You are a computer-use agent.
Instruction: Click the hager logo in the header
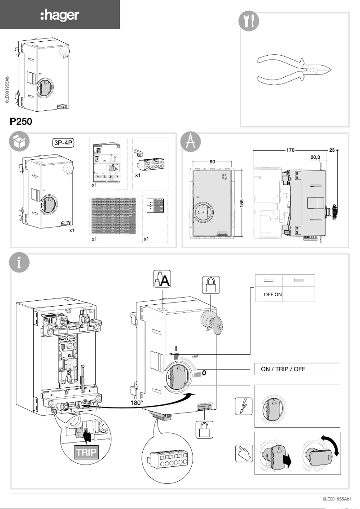tap(59, 16)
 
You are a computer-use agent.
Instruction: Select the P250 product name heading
tap(21, 122)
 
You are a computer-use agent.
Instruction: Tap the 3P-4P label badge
tap(63, 143)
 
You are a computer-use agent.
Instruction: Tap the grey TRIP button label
tap(86, 452)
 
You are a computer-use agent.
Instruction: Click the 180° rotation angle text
tap(136, 403)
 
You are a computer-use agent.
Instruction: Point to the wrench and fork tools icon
tap(248, 21)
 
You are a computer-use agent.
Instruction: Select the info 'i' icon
tap(19, 263)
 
